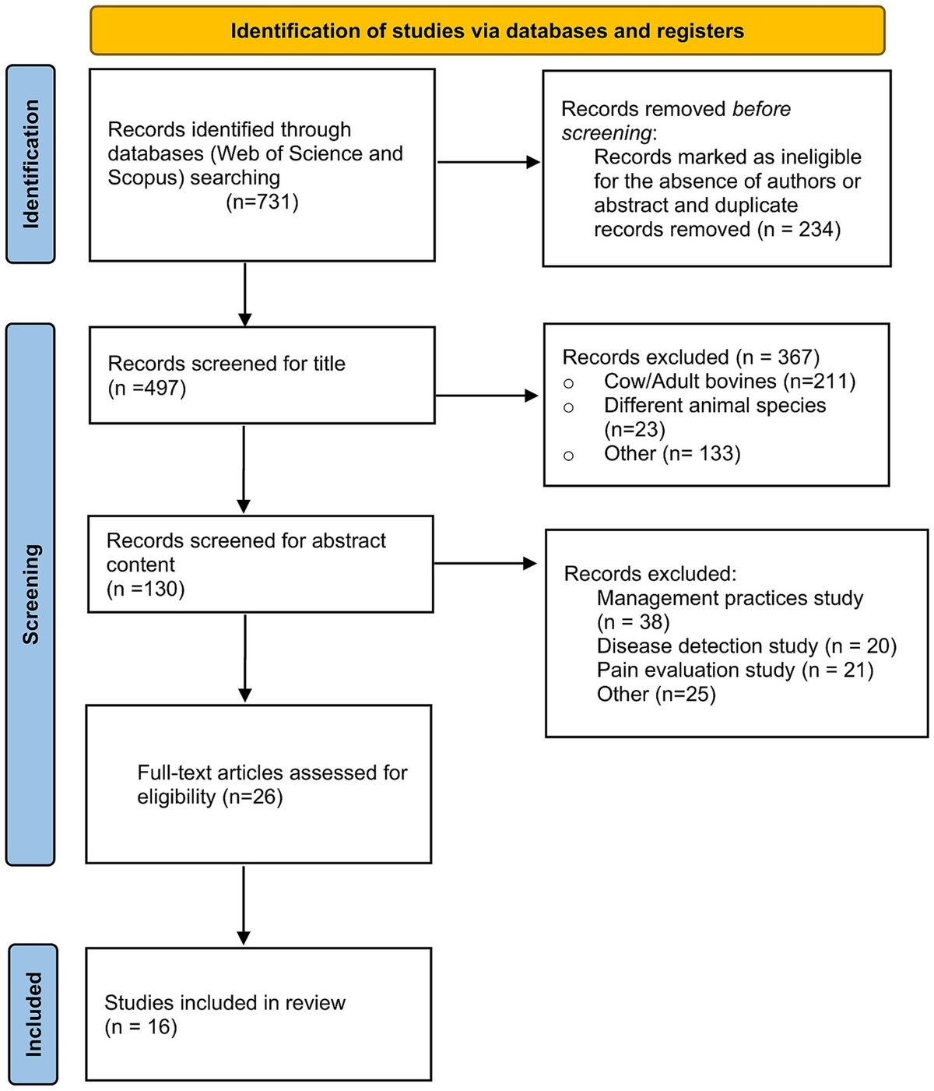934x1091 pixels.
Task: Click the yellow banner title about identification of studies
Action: point(487,31)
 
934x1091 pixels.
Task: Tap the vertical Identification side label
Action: point(30,164)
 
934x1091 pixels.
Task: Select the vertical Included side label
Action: point(33,1014)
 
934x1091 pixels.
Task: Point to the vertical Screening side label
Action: point(30,594)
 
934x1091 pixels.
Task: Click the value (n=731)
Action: point(262,202)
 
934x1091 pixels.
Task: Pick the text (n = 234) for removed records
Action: point(799,230)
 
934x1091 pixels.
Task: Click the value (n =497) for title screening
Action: point(147,388)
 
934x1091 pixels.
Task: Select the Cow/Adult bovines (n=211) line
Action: point(729,381)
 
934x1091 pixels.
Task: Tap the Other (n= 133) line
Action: point(672,453)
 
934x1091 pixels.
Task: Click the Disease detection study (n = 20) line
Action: point(746,646)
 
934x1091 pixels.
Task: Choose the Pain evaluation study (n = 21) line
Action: point(735,670)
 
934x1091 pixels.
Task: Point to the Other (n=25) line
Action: point(655,694)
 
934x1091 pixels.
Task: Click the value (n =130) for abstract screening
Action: point(146,589)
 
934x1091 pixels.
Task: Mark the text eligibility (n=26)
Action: point(209,797)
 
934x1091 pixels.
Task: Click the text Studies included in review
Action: point(225,1002)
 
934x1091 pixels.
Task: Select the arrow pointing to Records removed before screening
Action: point(489,163)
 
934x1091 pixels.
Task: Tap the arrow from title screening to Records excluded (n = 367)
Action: point(487,396)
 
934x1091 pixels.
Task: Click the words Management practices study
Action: point(729,598)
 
